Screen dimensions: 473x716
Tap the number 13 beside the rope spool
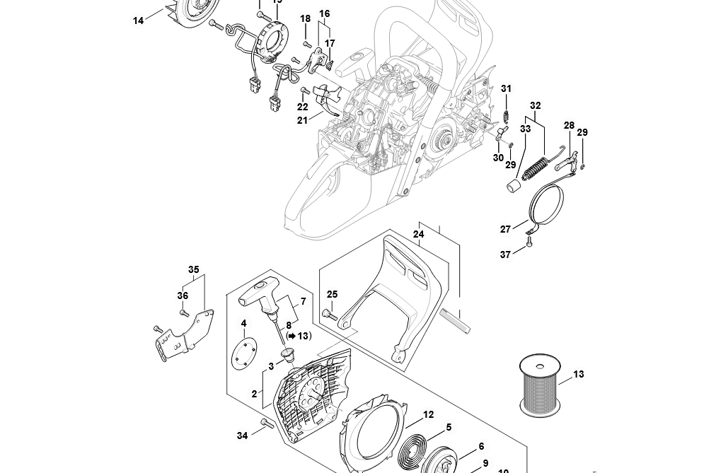(579, 374)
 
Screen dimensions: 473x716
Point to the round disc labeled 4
(244, 352)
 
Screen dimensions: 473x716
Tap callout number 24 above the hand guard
(418, 234)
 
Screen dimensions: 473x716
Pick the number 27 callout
(505, 229)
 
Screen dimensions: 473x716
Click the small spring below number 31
(506, 113)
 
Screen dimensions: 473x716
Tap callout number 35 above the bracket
(193, 269)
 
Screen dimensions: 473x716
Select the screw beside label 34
(267, 424)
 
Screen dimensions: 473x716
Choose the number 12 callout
(428, 415)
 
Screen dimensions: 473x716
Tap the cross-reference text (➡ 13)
(299, 336)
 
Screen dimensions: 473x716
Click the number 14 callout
(138, 21)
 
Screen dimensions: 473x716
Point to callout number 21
(302, 120)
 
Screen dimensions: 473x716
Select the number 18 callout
(305, 18)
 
